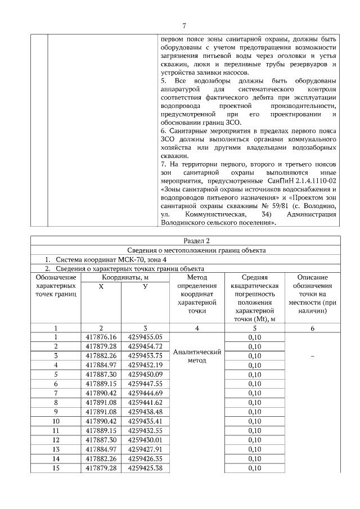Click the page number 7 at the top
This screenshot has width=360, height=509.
[x=184, y=25]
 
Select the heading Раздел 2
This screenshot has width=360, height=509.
[x=184, y=241]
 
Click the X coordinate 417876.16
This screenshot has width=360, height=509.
[x=101, y=337]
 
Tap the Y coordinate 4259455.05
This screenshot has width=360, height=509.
[x=145, y=337]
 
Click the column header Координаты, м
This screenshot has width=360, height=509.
[x=125, y=277]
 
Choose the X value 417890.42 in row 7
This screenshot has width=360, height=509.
[x=101, y=393]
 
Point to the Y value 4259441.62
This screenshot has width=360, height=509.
[x=145, y=402]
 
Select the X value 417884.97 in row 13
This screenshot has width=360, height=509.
[x=101, y=449]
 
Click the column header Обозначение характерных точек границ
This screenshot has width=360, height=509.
[x=56, y=286]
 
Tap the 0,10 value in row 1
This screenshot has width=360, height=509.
[x=255, y=337]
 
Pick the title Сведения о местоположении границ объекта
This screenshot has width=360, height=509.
[x=184, y=250]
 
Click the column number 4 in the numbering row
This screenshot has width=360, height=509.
[x=197, y=328]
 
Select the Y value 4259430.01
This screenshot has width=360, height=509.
[x=145, y=439]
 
